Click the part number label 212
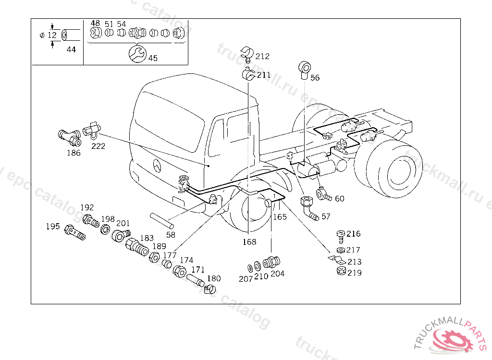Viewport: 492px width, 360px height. [x=262, y=56]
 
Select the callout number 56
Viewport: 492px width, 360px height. [x=315, y=78]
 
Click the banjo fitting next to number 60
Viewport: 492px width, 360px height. [x=322, y=193]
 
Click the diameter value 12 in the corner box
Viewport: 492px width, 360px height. [x=52, y=35]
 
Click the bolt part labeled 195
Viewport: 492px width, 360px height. [x=74, y=232]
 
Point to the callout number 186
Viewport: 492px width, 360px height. [x=74, y=153]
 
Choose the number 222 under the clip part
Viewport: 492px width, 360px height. [x=98, y=146]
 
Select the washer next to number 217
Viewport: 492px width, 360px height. [x=341, y=250]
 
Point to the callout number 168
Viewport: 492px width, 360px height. [x=249, y=242]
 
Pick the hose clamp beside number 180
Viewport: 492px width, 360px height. [x=210, y=289]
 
